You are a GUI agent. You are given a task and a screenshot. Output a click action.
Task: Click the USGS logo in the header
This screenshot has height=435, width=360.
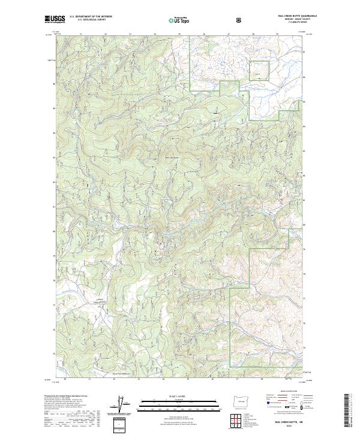(x=55, y=20)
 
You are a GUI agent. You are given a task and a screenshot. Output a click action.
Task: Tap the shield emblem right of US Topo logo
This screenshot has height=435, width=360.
(x=241, y=20)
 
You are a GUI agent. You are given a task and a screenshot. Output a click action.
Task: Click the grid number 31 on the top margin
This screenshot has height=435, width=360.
(x=80, y=34)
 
